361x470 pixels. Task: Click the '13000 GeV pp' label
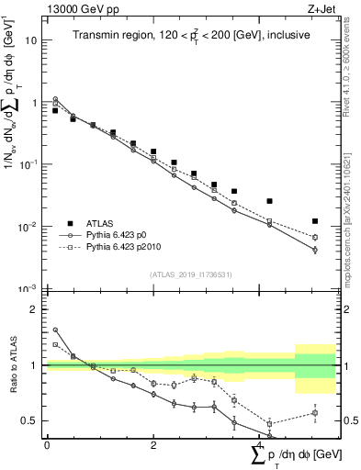click(x=80, y=8)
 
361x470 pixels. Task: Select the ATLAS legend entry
click(x=91, y=223)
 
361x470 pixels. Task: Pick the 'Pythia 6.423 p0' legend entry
click(x=113, y=235)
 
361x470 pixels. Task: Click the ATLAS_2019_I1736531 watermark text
click(x=190, y=274)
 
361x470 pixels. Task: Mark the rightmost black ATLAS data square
click(x=315, y=221)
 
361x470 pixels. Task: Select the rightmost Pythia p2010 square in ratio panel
click(x=315, y=413)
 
